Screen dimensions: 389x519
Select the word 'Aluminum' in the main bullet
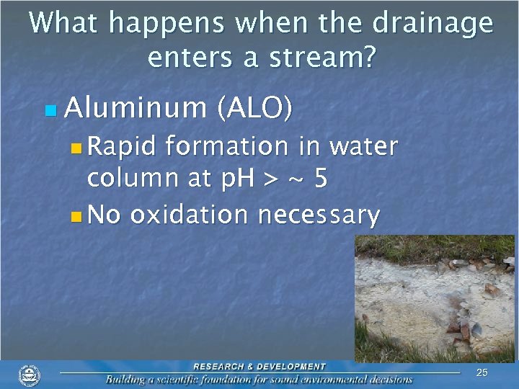click(136, 108)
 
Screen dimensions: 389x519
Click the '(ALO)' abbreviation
click(254, 108)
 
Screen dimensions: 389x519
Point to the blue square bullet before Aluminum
click(49, 110)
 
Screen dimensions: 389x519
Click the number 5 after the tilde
click(320, 179)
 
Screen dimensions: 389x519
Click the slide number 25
click(482, 372)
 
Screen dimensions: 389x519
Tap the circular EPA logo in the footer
click(30, 375)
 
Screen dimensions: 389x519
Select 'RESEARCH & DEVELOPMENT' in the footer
click(259, 367)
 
